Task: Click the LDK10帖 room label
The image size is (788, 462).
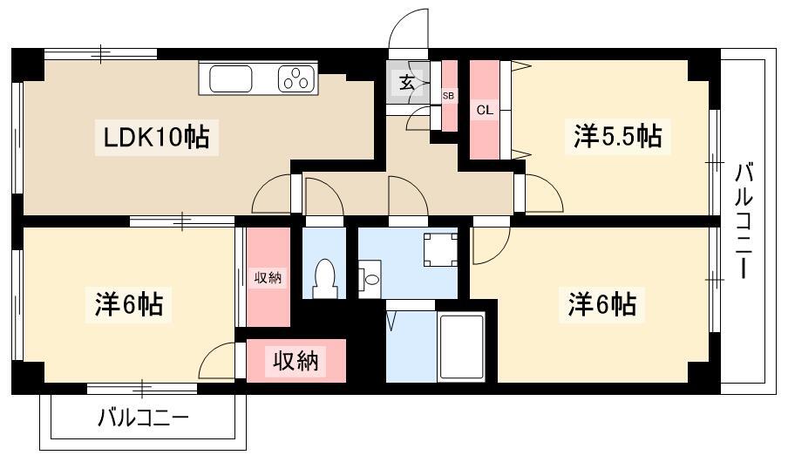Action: click(156, 137)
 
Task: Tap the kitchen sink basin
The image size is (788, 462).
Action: click(230, 79)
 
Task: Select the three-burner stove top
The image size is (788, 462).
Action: click(297, 78)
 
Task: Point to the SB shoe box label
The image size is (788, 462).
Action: click(448, 95)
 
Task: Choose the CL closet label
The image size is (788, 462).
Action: click(485, 110)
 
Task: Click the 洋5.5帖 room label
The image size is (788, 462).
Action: click(618, 136)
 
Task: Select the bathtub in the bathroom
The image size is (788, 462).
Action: click(461, 346)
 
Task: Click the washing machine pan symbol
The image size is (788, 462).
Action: click(440, 250)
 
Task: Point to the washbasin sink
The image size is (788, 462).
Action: click(370, 279)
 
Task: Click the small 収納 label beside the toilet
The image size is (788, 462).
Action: click(268, 277)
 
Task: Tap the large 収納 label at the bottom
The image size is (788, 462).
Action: click(295, 361)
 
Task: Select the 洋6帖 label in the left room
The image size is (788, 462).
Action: click(129, 305)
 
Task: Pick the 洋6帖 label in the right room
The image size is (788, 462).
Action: click(602, 304)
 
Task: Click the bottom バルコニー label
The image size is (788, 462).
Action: click(143, 418)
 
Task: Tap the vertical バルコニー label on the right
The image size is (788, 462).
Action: click(744, 221)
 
